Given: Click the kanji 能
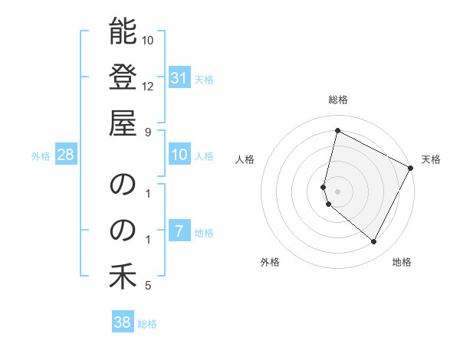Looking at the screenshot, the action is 123,32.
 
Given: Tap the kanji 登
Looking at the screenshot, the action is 123,77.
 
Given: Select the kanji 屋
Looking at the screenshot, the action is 123,123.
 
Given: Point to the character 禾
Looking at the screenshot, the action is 123,277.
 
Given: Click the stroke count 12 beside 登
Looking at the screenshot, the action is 148,85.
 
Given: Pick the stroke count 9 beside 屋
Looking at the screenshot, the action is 148,131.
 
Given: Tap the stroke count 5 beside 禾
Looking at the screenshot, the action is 148,286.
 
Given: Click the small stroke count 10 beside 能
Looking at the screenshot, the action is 148,40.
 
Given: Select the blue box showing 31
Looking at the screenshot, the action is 179,77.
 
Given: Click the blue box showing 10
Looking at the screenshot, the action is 179,155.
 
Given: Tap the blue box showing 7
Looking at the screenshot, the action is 179,232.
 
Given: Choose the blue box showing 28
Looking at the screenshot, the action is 66,155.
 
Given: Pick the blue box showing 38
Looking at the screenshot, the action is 123,322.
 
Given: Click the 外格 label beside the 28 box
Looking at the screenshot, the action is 41,156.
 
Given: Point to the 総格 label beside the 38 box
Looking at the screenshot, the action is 147,324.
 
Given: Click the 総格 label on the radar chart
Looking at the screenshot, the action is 338,100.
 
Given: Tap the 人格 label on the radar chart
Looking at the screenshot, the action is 245,159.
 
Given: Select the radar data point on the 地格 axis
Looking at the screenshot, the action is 374,242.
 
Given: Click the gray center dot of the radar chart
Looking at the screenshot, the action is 338,191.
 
